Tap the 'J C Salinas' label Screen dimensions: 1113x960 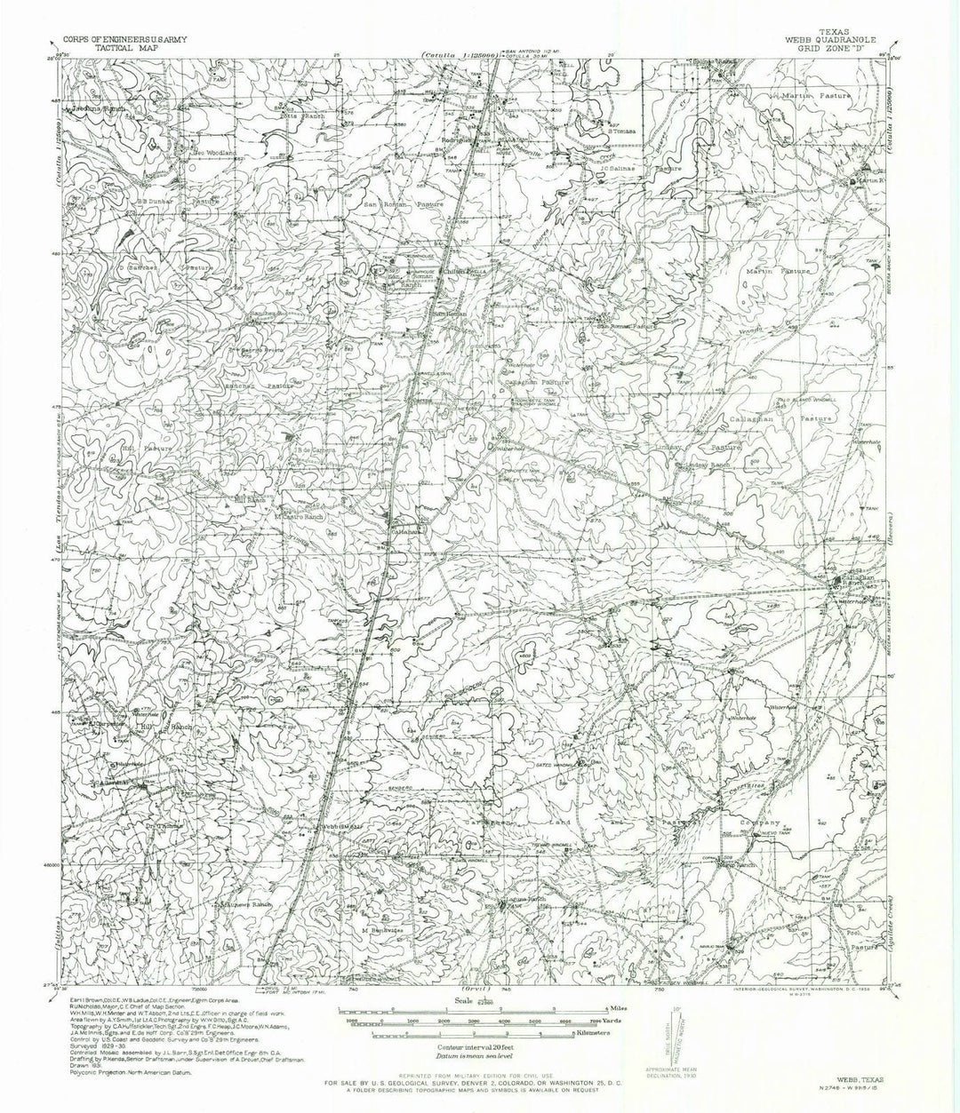[x=618, y=166]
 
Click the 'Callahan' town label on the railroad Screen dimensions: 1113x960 [x=409, y=531]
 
